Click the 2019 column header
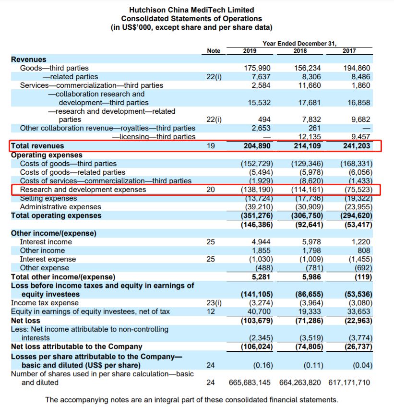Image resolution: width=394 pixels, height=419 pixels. point(250,51)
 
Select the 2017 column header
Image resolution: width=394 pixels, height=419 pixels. point(349,51)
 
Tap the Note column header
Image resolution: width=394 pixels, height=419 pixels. point(214,51)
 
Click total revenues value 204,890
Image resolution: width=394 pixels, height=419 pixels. point(257,146)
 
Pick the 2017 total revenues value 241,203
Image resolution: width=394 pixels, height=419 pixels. point(357,146)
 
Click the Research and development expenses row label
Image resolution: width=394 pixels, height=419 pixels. point(83,190)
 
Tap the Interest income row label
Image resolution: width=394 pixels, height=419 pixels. point(46,242)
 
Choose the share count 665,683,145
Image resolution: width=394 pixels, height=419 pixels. point(250,383)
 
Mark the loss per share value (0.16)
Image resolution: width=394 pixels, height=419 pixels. point(263,365)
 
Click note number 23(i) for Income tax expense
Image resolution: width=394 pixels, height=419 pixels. point(214,303)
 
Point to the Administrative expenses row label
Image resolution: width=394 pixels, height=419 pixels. point(60,207)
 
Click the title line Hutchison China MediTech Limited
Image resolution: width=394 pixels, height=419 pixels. point(191,10)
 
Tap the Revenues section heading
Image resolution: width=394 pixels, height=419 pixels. point(29,60)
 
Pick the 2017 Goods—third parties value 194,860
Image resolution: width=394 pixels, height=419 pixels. point(357,68)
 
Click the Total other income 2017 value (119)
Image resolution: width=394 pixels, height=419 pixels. point(363,277)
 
